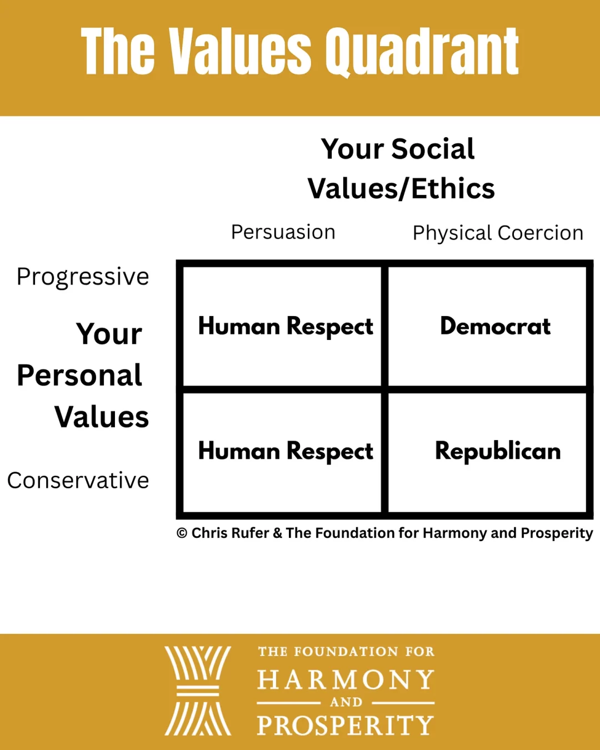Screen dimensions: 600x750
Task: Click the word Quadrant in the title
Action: coord(422,52)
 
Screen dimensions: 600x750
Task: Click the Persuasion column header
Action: coord(283,232)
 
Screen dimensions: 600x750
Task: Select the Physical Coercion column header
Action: coord(498,233)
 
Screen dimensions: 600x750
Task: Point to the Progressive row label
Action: coord(83,277)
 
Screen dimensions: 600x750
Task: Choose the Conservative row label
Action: coord(78,480)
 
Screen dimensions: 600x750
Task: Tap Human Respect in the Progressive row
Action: coord(286,327)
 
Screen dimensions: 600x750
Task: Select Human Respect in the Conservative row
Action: coord(286,452)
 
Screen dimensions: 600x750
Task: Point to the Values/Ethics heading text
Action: coord(401,189)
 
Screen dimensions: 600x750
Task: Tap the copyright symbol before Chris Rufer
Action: coord(182,533)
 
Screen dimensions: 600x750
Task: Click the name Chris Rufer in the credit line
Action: coord(231,533)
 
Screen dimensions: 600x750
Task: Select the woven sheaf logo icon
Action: coord(198,691)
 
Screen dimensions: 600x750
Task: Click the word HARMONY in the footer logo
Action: coord(346,679)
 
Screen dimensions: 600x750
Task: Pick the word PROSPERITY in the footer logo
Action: coord(346,725)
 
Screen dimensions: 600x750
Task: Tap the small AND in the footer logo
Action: coord(346,702)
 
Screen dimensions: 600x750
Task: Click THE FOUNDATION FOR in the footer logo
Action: coord(346,652)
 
